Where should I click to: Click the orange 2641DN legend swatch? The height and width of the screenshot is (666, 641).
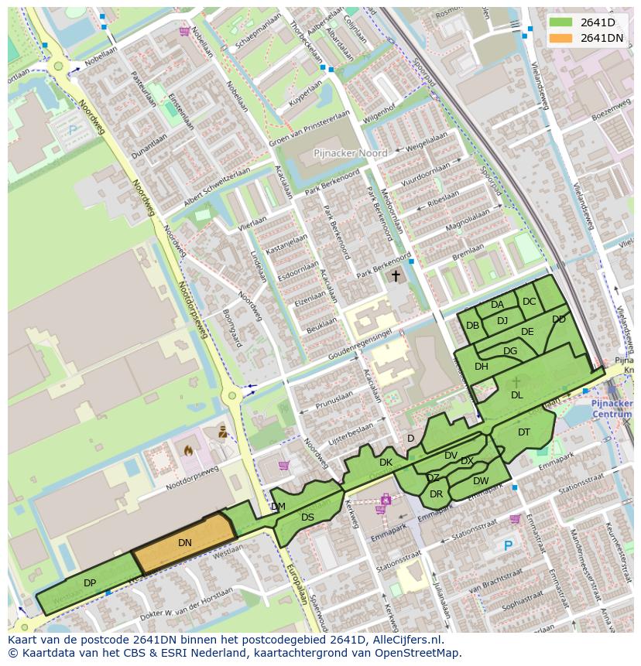[562, 38]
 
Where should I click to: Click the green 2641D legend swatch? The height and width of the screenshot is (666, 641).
[562, 22]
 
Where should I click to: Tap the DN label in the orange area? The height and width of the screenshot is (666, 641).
[184, 543]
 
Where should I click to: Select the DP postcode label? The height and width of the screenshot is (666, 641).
[90, 582]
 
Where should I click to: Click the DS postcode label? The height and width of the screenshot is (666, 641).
[307, 517]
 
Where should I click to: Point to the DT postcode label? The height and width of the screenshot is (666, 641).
[524, 432]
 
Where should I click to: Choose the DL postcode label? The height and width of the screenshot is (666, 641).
[516, 395]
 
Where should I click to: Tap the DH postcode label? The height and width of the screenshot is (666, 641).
[482, 367]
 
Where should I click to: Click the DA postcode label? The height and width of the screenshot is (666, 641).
[497, 305]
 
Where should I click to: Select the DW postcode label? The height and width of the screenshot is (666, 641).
[481, 481]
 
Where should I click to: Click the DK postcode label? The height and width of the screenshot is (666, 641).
[386, 463]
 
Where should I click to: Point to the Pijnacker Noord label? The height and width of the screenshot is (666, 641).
[351, 153]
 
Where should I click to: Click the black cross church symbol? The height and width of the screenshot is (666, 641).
[396, 275]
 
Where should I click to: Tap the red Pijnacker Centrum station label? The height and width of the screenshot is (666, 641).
[612, 409]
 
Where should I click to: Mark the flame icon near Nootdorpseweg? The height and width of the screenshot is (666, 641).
[187, 449]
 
